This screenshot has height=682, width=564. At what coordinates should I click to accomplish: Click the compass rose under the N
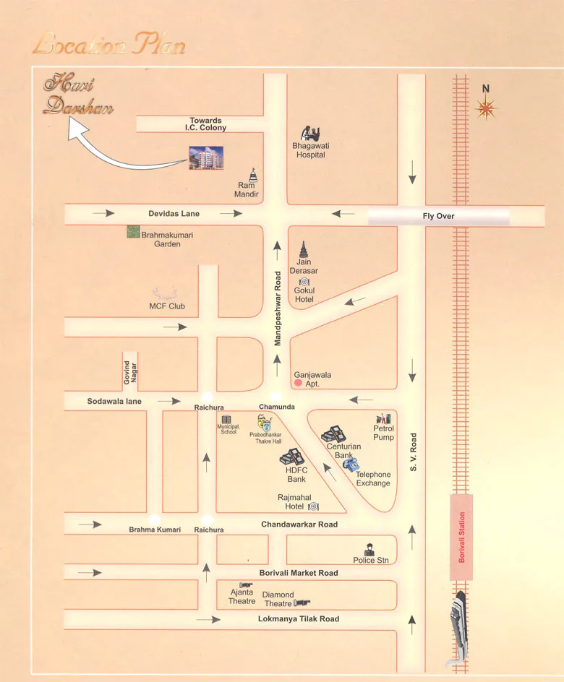tap(487, 108)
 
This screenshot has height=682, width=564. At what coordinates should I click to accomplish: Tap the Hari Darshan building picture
tap(206, 157)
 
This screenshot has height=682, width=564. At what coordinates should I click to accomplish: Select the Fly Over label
tap(438, 216)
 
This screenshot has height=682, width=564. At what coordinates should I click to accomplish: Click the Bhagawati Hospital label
tap(309, 150)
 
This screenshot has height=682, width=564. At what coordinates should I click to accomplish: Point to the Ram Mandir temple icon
tap(252, 175)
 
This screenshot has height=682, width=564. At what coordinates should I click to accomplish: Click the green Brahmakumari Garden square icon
tap(132, 232)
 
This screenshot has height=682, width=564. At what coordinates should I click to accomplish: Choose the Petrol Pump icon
tap(383, 418)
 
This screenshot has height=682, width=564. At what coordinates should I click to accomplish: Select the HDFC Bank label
tap(296, 474)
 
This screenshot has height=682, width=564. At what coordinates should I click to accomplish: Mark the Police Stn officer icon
tap(369, 548)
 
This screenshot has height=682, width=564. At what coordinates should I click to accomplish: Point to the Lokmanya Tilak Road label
tap(299, 619)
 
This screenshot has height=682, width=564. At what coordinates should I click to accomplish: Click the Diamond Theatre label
tap(278, 599)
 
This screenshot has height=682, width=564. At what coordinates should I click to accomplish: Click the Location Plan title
tap(109, 46)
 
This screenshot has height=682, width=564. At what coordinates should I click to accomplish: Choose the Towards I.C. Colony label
tap(206, 124)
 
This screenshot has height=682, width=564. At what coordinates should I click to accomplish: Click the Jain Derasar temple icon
tap(304, 251)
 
